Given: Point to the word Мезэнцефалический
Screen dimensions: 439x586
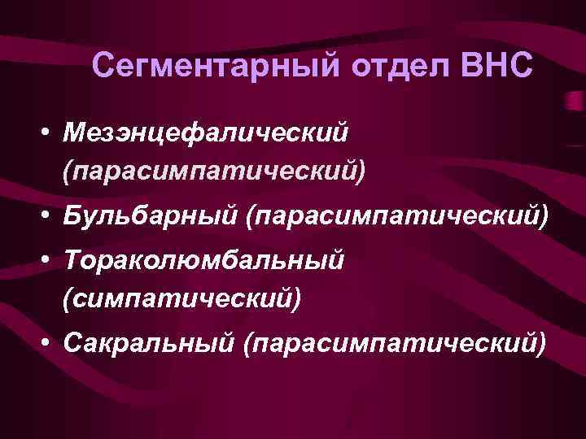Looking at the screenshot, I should coord(205,132).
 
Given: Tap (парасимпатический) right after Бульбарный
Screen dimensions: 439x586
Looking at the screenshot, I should coord(398,216).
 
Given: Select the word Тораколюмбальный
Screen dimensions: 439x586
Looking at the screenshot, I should coord(202,261).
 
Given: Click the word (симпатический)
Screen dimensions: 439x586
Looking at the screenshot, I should coord(180,300).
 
